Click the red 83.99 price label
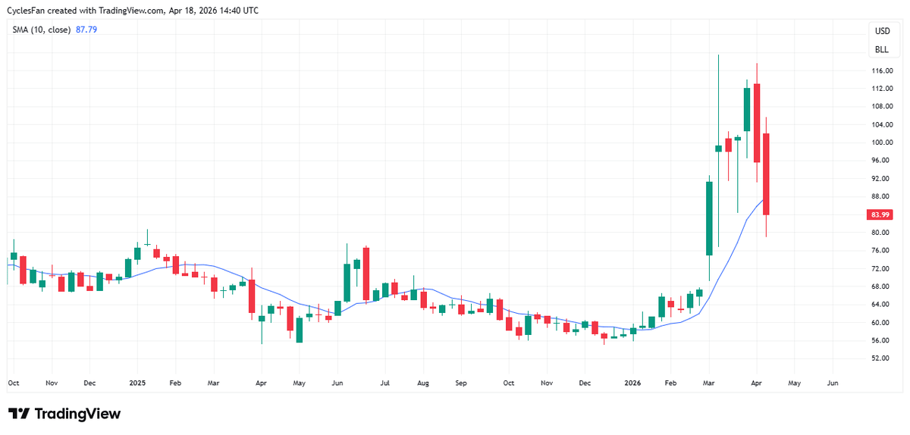(880, 214)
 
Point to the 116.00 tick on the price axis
(880, 70)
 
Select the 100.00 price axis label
(880, 142)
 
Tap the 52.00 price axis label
(880, 358)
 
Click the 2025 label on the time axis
(137, 383)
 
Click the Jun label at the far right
(832, 383)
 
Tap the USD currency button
(882, 31)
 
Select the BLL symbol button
(882, 50)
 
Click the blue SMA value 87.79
(86, 30)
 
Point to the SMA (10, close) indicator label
(42, 30)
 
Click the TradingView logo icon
(19, 414)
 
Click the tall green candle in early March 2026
(709, 218)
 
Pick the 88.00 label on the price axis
(880, 196)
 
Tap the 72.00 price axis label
(880, 268)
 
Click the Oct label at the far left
(13, 383)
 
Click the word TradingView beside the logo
(78, 414)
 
